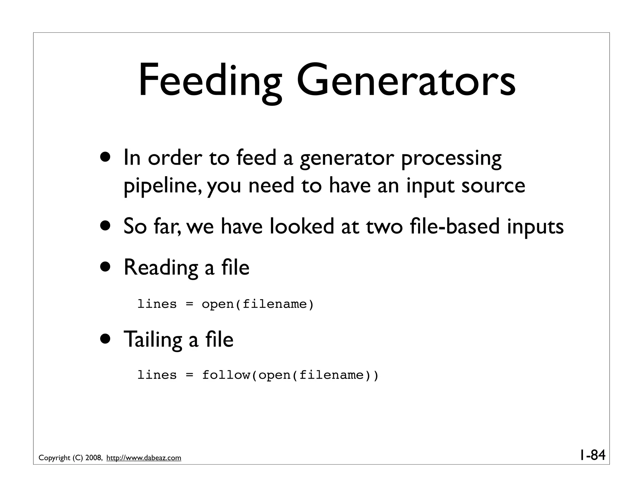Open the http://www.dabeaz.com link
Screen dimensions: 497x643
[x=144, y=458]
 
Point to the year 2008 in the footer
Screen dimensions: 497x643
[x=93, y=458]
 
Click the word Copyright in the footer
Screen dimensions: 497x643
[x=54, y=458]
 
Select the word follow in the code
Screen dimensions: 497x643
[x=226, y=375]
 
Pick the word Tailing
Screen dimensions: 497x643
[x=153, y=339]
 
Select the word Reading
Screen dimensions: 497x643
[x=161, y=268]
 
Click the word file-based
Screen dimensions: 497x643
[x=455, y=226]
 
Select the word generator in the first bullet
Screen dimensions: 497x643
[x=347, y=158]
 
